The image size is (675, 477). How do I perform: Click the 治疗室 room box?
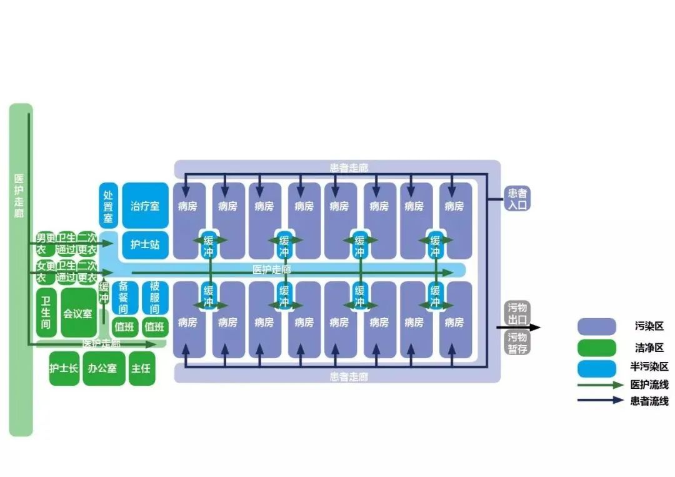(145, 206)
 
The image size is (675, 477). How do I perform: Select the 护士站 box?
(145, 244)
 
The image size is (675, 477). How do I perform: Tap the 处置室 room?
(108, 205)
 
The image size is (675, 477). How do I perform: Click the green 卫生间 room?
(46, 313)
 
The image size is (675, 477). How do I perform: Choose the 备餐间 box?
(124, 298)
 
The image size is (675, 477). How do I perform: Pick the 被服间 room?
(154, 298)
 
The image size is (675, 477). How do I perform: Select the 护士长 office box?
(64, 368)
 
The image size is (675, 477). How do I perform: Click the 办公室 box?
(103, 368)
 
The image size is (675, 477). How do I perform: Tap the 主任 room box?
(141, 368)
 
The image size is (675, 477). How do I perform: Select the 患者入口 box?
(517, 199)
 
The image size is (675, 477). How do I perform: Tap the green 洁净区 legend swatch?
(596, 347)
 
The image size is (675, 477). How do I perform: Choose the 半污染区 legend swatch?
(596, 367)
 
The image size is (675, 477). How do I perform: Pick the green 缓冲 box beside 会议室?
(104, 293)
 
